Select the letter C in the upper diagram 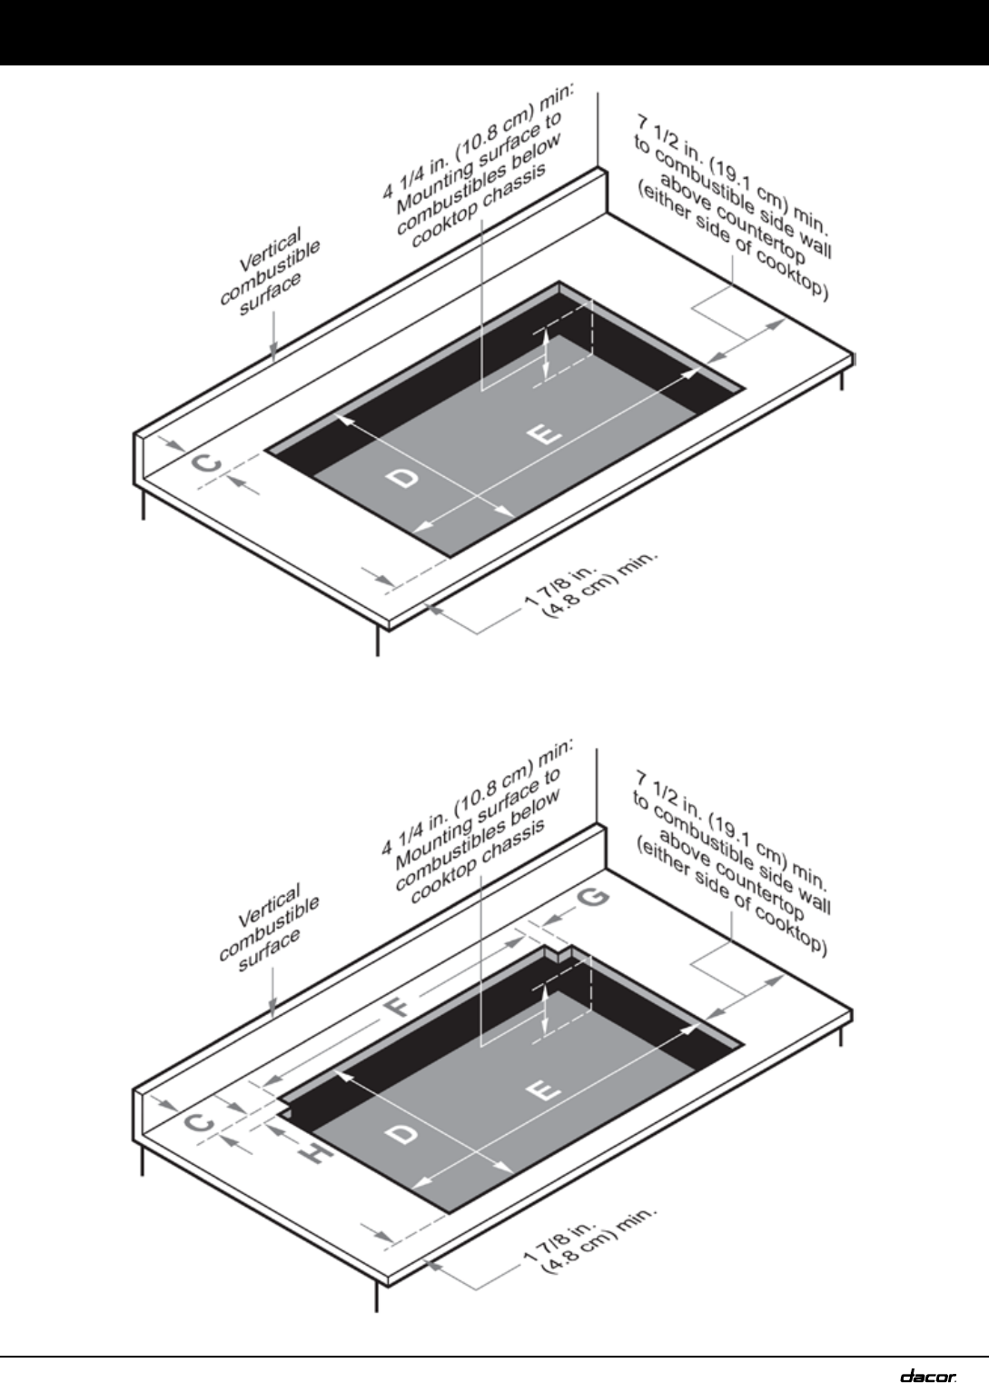[x=209, y=464]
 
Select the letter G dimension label [x=593, y=899]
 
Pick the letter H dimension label [x=314, y=1153]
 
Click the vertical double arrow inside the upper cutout [x=546, y=353]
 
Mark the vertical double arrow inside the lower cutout [x=544, y=1010]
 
